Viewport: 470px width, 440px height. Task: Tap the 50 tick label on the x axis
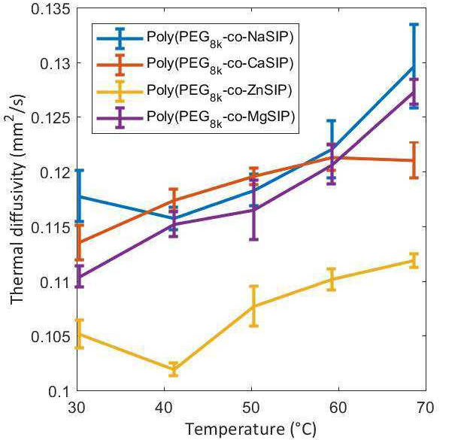(x=253, y=407)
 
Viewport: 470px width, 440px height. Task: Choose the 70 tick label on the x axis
(x=426, y=407)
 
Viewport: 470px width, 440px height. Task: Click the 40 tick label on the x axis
(x=166, y=407)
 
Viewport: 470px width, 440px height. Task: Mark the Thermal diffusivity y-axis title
(x=17, y=200)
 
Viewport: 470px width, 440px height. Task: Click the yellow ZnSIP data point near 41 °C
(x=174, y=369)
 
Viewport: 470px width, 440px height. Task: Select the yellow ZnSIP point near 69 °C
(x=413, y=261)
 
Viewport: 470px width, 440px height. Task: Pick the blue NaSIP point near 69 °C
(x=413, y=66)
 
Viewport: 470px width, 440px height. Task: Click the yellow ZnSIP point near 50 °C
(x=253, y=305)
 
